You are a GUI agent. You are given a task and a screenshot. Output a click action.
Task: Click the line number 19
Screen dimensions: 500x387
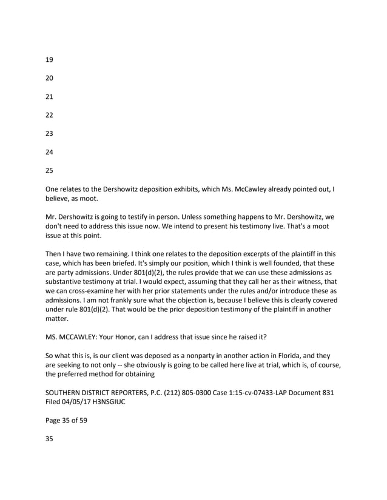click(50, 60)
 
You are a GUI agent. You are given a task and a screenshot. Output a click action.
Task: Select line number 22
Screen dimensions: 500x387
click(50, 115)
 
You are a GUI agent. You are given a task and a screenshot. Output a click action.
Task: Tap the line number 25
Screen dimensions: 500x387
click(50, 170)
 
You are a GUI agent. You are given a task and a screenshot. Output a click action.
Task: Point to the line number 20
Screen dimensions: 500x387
click(50, 78)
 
